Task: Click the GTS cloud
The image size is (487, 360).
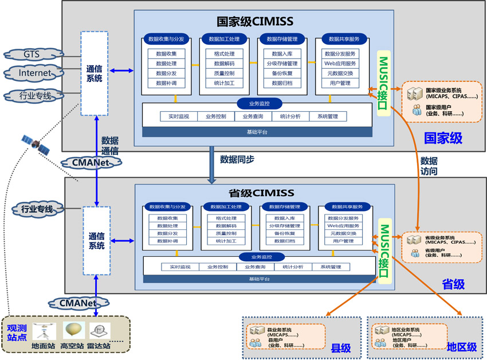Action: (32, 54)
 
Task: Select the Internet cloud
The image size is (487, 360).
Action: (34, 73)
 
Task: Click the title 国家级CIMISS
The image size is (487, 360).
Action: (255, 22)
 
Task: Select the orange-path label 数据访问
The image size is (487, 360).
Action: (429, 166)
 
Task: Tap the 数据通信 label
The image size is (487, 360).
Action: (110, 146)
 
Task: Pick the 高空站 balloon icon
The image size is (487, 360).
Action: (73, 331)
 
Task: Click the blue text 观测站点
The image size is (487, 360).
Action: (17, 332)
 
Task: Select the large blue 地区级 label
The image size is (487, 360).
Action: (462, 347)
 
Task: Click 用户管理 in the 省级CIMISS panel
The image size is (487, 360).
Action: (343, 241)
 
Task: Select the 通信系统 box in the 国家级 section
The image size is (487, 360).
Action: (94, 73)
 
